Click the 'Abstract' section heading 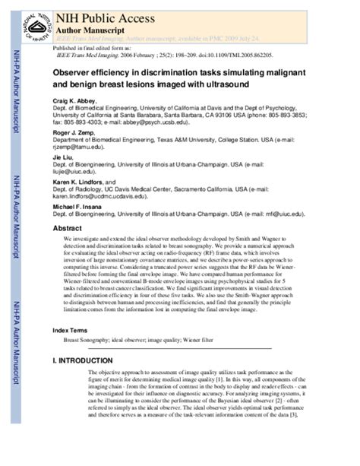[x=67, y=227]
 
